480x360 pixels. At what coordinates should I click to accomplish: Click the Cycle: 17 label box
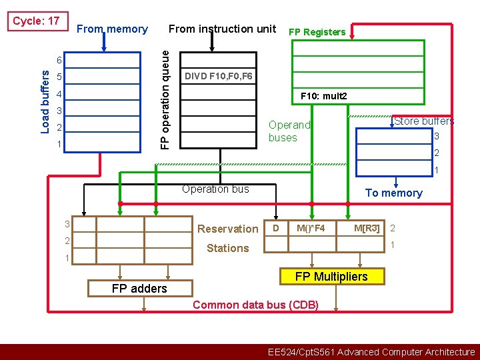(x=36, y=21)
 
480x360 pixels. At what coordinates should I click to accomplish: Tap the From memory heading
(x=112, y=29)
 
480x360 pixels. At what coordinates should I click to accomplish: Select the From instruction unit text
(x=222, y=29)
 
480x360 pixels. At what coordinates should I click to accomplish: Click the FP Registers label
(x=317, y=32)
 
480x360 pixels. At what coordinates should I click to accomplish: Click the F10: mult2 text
(x=324, y=96)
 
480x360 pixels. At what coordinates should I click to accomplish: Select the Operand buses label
(x=289, y=131)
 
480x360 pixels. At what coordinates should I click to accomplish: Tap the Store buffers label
(x=424, y=121)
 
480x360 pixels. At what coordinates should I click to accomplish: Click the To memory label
(x=393, y=193)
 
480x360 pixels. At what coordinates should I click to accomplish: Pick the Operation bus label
(x=215, y=189)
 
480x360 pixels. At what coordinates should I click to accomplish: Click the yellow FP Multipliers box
(x=331, y=277)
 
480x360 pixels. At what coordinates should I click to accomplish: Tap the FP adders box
(x=139, y=288)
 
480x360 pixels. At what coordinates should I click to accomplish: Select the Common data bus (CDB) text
(x=255, y=305)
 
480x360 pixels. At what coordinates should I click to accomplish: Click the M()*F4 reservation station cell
(x=311, y=229)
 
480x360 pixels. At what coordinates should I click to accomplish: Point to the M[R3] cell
(x=367, y=229)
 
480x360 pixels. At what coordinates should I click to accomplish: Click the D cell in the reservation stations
(x=275, y=229)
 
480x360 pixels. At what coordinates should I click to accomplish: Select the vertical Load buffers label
(x=45, y=101)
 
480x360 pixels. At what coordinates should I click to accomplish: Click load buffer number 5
(x=59, y=77)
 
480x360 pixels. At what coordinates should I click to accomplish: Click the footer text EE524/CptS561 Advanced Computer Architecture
(x=371, y=352)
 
